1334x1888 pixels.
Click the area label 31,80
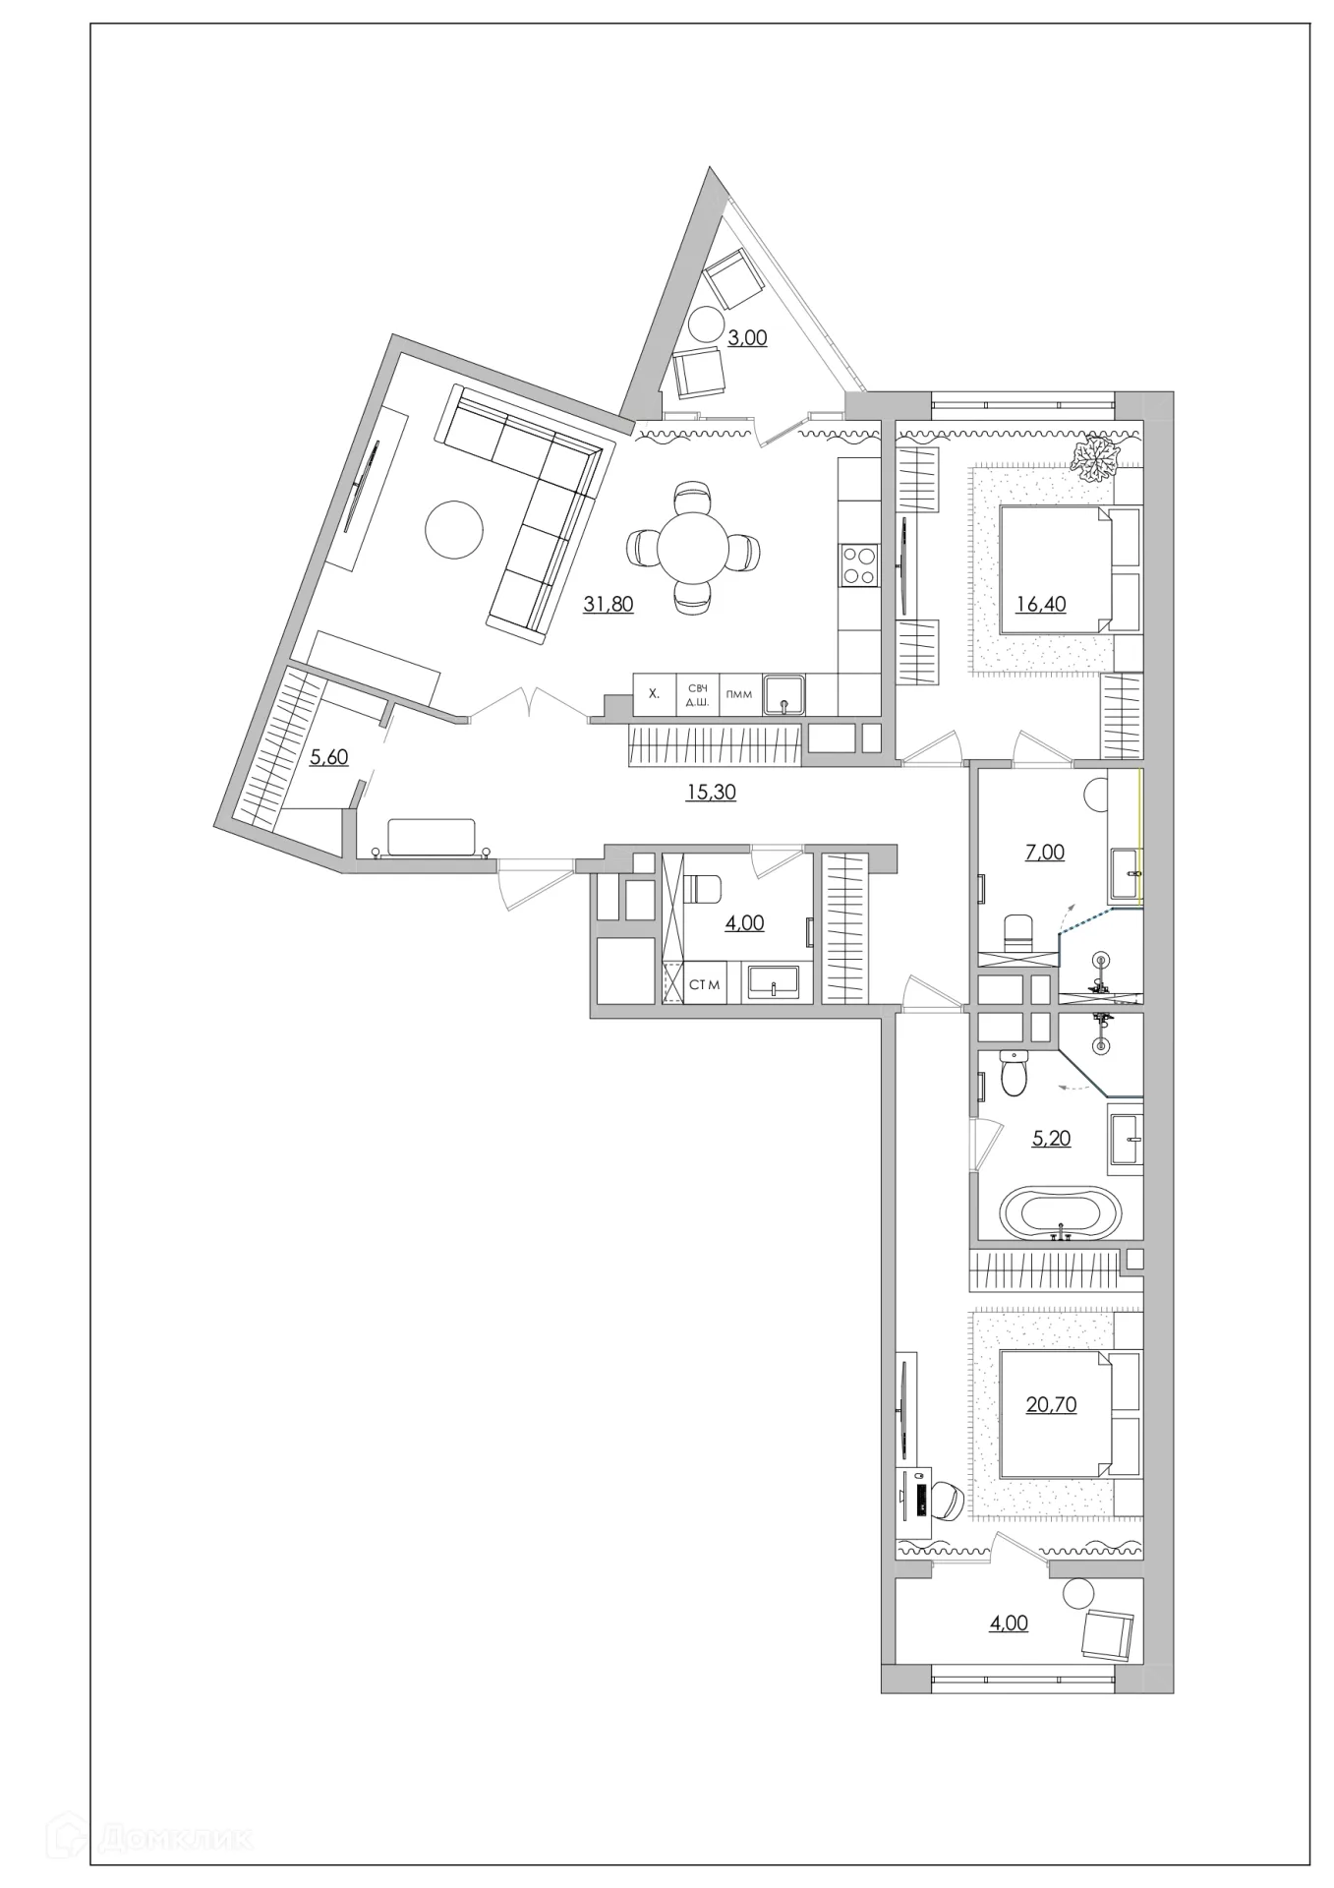coord(609,604)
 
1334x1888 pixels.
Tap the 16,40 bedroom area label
coord(1041,604)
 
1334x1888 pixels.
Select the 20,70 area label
coord(1051,1404)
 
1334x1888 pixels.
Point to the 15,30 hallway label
coord(711,792)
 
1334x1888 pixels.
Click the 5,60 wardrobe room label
coord(329,756)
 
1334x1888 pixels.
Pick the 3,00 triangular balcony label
coord(747,337)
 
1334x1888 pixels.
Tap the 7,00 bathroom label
coord(1045,853)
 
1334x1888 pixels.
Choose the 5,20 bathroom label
coord(1051,1139)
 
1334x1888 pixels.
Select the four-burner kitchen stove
coord(858,565)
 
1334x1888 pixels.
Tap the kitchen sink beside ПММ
coord(783,694)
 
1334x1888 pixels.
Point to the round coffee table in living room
coord(454,530)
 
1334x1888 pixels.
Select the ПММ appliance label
coord(738,694)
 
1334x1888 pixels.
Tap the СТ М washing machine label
coord(704,984)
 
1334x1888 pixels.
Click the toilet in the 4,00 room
coord(702,889)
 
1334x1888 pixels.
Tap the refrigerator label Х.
coord(654,694)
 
